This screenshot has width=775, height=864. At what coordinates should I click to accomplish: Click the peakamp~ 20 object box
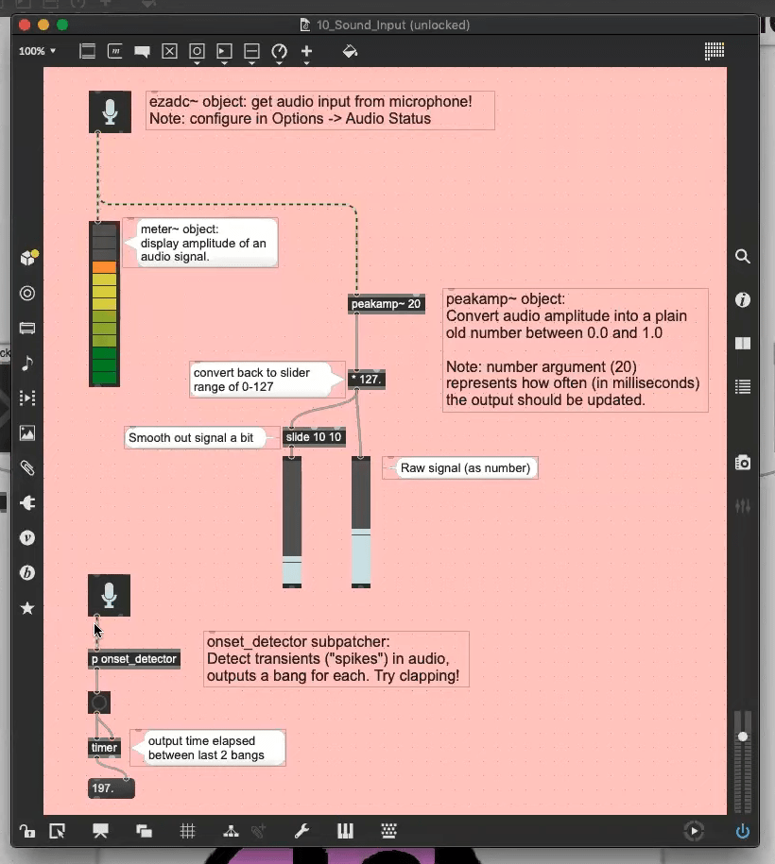pyautogui.click(x=386, y=304)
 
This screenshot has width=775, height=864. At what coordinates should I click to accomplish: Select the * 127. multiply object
pyautogui.click(x=367, y=380)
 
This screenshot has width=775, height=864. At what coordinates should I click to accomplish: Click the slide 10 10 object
pyautogui.click(x=314, y=437)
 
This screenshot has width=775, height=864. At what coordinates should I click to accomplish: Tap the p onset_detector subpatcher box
pyautogui.click(x=134, y=659)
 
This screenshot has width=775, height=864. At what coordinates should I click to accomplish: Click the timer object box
pyautogui.click(x=104, y=748)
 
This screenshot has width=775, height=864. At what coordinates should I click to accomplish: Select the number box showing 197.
pyautogui.click(x=111, y=788)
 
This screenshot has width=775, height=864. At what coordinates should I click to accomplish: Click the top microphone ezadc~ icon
pyautogui.click(x=110, y=111)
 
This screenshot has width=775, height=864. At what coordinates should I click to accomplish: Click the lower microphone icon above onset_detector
pyautogui.click(x=109, y=595)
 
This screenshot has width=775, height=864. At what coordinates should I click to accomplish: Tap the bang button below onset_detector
pyautogui.click(x=99, y=703)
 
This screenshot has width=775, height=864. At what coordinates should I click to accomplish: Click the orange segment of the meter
pyautogui.click(x=104, y=268)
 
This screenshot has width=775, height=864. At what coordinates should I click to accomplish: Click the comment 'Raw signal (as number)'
pyautogui.click(x=466, y=467)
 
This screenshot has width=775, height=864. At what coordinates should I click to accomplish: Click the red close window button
pyautogui.click(x=25, y=25)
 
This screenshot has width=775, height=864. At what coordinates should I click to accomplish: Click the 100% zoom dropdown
pyautogui.click(x=38, y=51)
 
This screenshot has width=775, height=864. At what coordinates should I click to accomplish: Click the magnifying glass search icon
pyautogui.click(x=743, y=256)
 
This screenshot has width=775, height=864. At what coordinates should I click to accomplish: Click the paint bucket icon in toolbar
pyautogui.click(x=350, y=52)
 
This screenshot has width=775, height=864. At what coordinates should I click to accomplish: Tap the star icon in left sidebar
pyautogui.click(x=27, y=608)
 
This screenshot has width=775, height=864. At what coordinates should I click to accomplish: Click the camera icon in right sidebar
pyautogui.click(x=743, y=463)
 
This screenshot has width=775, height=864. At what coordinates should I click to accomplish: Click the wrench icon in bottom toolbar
pyautogui.click(x=301, y=832)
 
